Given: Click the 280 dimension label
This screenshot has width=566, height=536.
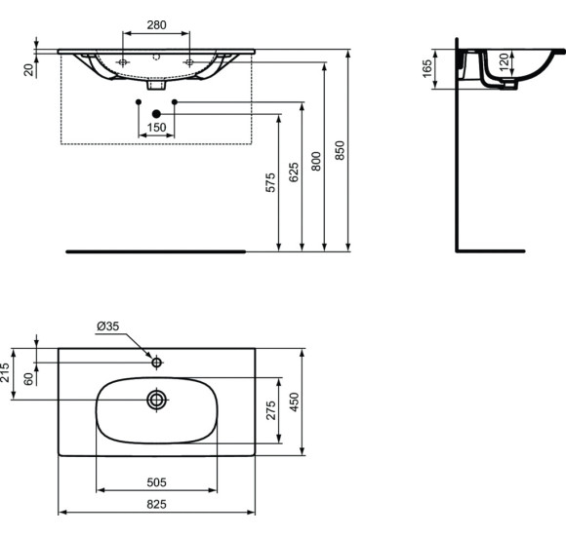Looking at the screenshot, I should pos(156,24).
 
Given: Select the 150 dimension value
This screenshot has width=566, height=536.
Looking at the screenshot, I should pos(156,128).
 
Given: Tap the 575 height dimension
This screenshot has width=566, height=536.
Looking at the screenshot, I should pos(270,183).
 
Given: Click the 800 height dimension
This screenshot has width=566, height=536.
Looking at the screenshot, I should pos(316,162).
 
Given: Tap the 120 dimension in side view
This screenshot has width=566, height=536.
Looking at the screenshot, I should pos(505,65).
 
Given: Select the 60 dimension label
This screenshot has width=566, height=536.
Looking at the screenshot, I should pos(28,377).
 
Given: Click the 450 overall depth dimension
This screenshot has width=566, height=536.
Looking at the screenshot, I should pos(294,402).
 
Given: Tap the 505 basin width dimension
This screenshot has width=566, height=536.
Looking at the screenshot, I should pos(155,480).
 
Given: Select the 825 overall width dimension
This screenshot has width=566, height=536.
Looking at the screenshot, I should pos(156,503).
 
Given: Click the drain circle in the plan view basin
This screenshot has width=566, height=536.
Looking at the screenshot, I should pos(156,399).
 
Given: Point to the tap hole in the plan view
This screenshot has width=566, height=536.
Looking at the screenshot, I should pos(156,363).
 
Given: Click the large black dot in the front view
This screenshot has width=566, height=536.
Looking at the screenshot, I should pos(156,114).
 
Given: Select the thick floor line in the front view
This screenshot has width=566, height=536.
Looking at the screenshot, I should pos(156,250).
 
